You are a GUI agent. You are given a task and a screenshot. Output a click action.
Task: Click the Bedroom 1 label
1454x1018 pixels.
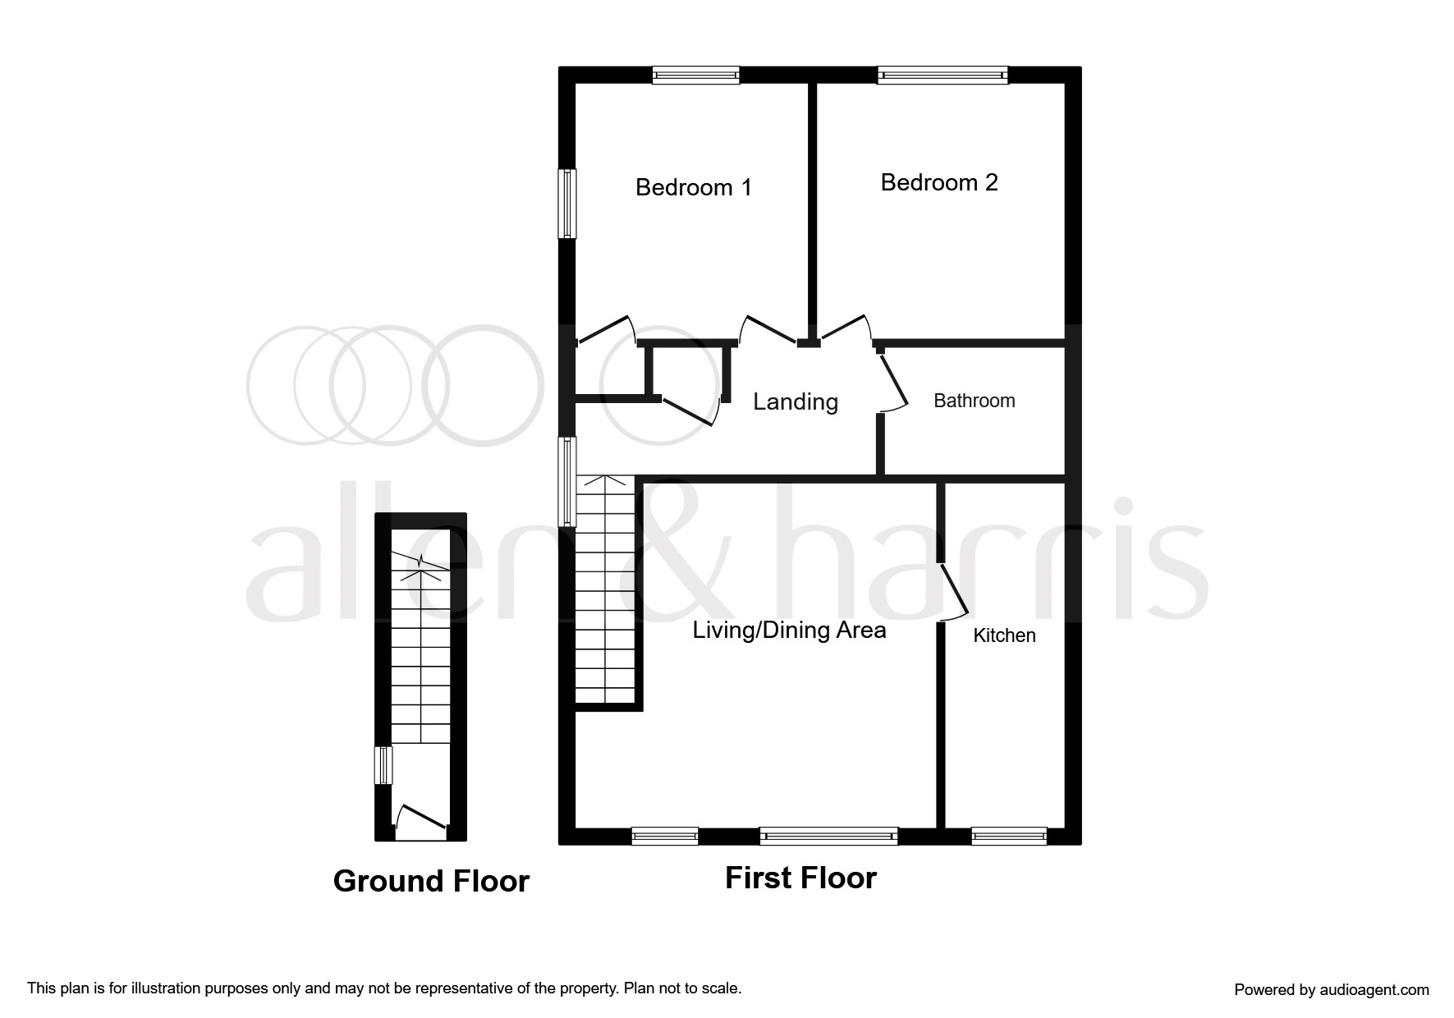[694, 187]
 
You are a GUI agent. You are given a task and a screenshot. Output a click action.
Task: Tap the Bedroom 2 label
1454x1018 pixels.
[939, 182]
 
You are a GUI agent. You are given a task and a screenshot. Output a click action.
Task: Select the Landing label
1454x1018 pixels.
[796, 401]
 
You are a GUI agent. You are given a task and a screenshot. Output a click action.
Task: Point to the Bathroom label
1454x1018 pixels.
[975, 401]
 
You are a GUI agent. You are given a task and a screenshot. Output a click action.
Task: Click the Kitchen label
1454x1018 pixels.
[1004, 635]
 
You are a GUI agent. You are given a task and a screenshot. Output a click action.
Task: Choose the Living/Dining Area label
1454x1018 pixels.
[789, 631]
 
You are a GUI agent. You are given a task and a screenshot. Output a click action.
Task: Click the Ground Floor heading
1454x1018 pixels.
[431, 881]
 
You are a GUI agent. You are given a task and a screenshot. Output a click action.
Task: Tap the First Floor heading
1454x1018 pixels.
[800, 878]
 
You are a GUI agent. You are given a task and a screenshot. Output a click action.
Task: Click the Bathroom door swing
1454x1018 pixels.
[893, 380]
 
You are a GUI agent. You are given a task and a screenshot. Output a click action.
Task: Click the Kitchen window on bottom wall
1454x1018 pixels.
[1009, 836]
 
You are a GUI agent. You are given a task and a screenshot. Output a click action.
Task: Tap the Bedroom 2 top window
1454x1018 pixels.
[943, 76]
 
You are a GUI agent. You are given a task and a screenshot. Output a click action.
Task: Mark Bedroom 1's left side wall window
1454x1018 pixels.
[567, 204]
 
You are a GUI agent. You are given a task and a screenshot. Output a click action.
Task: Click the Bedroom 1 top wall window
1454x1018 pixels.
[696, 76]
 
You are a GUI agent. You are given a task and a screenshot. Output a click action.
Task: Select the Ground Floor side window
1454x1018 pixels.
[383, 765]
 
